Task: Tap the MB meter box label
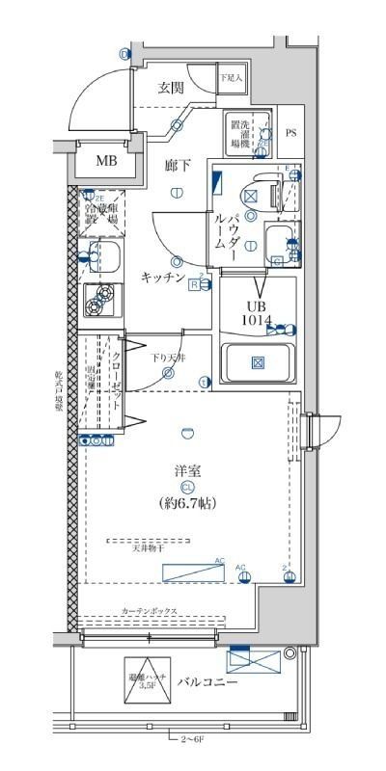[105, 161]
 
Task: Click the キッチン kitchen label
[163, 276]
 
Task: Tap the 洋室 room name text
[186, 470]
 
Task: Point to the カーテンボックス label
[148, 612]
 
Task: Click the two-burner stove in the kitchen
[97, 303]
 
